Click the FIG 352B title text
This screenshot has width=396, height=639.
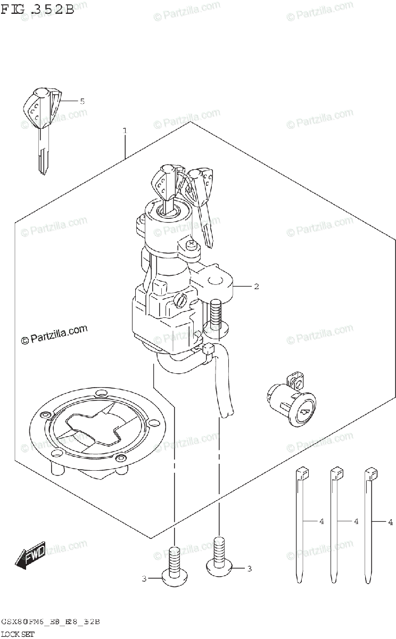tap(37, 10)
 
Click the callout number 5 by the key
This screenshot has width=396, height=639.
tap(82, 101)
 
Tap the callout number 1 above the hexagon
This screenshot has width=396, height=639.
tap(125, 130)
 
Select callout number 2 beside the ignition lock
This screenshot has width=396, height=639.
tap(256, 287)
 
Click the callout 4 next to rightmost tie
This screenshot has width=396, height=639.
tap(390, 521)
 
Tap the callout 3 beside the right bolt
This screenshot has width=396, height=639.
tap(249, 569)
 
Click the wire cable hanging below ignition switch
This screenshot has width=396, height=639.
tap(224, 383)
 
